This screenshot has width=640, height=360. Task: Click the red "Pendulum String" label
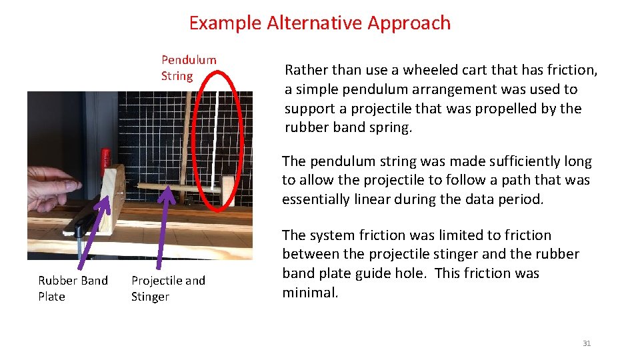coord(188,67)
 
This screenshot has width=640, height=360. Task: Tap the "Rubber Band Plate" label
coord(73,288)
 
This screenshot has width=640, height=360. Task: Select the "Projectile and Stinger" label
coord(168,288)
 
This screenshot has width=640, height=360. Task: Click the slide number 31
coord(586,343)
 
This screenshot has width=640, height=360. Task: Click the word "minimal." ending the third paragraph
coord(310,292)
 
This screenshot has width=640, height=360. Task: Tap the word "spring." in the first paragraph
coord(390,127)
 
